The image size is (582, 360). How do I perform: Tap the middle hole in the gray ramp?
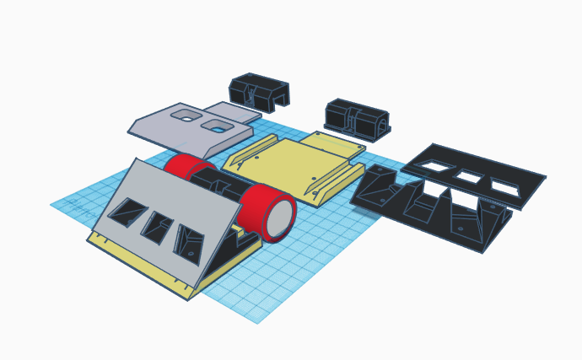pyautogui.click(x=157, y=227)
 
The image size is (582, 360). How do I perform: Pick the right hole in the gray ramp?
pyautogui.click(x=188, y=243)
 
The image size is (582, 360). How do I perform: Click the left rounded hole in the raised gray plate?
pyautogui.click(x=186, y=115)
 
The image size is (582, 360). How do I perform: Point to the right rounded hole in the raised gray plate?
pyautogui.click(x=218, y=126)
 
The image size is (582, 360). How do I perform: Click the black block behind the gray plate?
pyautogui.click(x=258, y=92)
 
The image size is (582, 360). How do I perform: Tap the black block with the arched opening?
pyautogui.click(x=357, y=120)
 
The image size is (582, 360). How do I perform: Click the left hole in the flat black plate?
pyautogui.click(x=436, y=166)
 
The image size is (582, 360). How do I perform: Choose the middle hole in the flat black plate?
pyautogui.click(x=470, y=177)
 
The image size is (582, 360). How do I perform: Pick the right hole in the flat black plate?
pyautogui.click(x=505, y=188)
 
